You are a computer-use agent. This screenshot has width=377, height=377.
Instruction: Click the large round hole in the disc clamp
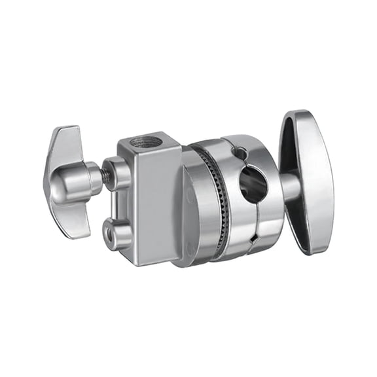(253, 184)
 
